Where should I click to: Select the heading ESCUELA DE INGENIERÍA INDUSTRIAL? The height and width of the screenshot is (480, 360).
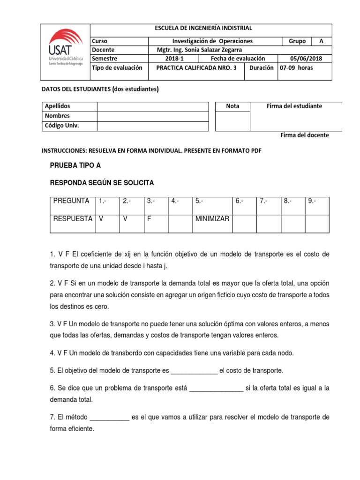(203, 29)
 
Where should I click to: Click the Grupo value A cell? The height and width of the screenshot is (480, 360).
(321, 41)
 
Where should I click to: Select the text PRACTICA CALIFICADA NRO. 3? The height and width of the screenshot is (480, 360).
(199, 67)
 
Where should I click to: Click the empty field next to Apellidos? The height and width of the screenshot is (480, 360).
(152, 106)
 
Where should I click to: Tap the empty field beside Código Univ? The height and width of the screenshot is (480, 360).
(152, 126)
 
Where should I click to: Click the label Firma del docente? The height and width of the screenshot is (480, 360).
(305, 135)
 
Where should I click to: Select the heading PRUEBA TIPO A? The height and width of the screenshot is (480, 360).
(75, 165)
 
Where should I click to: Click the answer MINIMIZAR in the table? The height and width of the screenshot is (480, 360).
(212, 219)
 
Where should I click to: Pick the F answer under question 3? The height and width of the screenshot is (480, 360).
(149, 219)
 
